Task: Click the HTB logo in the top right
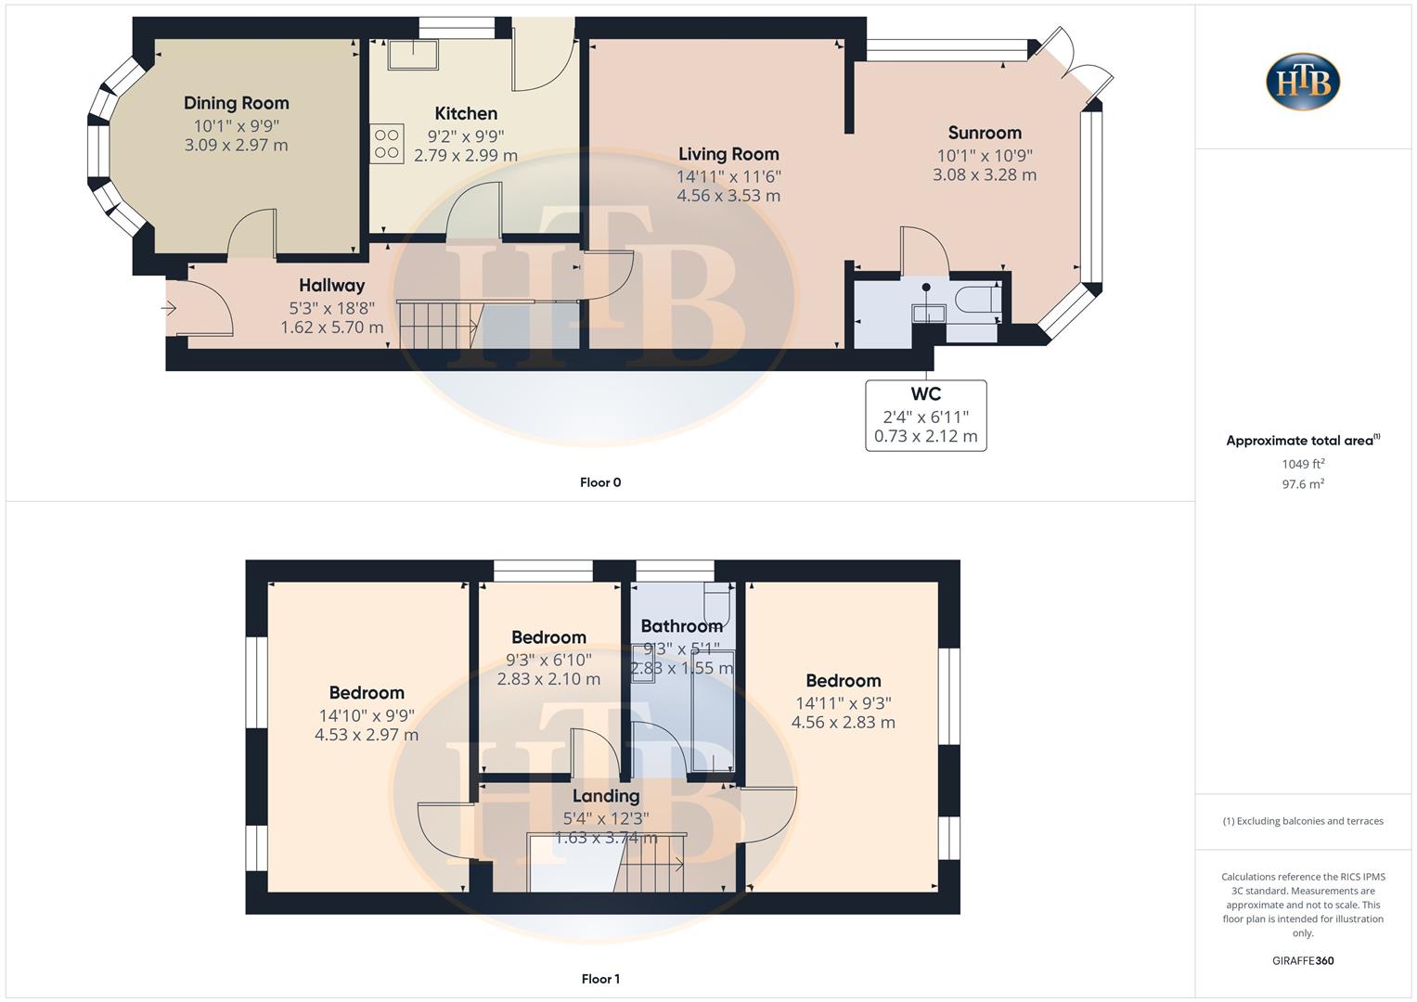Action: pyautogui.click(x=1302, y=82)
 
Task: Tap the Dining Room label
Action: pyautogui.click(x=236, y=103)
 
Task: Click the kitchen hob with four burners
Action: pyautogui.click(x=387, y=144)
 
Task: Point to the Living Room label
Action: pyautogui.click(x=728, y=154)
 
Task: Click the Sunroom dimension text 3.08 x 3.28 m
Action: pyautogui.click(x=985, y=174)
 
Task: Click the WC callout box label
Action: pyautogui.click(x=925, y=394)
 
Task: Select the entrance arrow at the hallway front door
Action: pyautogui.click(x=170, y=307)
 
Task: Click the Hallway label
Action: pyautogui.click(x=331, y=286)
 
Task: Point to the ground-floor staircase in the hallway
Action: pyautogui.click(x=436, y=325)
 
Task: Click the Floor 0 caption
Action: pyautogui.click(x=600, y=482)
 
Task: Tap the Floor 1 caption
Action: pyautogui.click(x=600, y=979)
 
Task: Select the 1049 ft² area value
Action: pyautogui.click(x=1302, y=464)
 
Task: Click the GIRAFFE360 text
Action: pyautogui.click(x=1302, y=961)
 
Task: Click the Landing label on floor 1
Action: pyautogui.click(x=605, y=796)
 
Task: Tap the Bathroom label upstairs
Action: pyautogui.click(x=681, y=626)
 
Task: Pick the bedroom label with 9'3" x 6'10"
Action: pyautogui.click(x=548, y=637)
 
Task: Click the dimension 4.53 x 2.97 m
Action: pyautogui.click(x=366, y=735)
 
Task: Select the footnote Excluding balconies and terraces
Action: pyautogui.click(x=1302, y=821)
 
